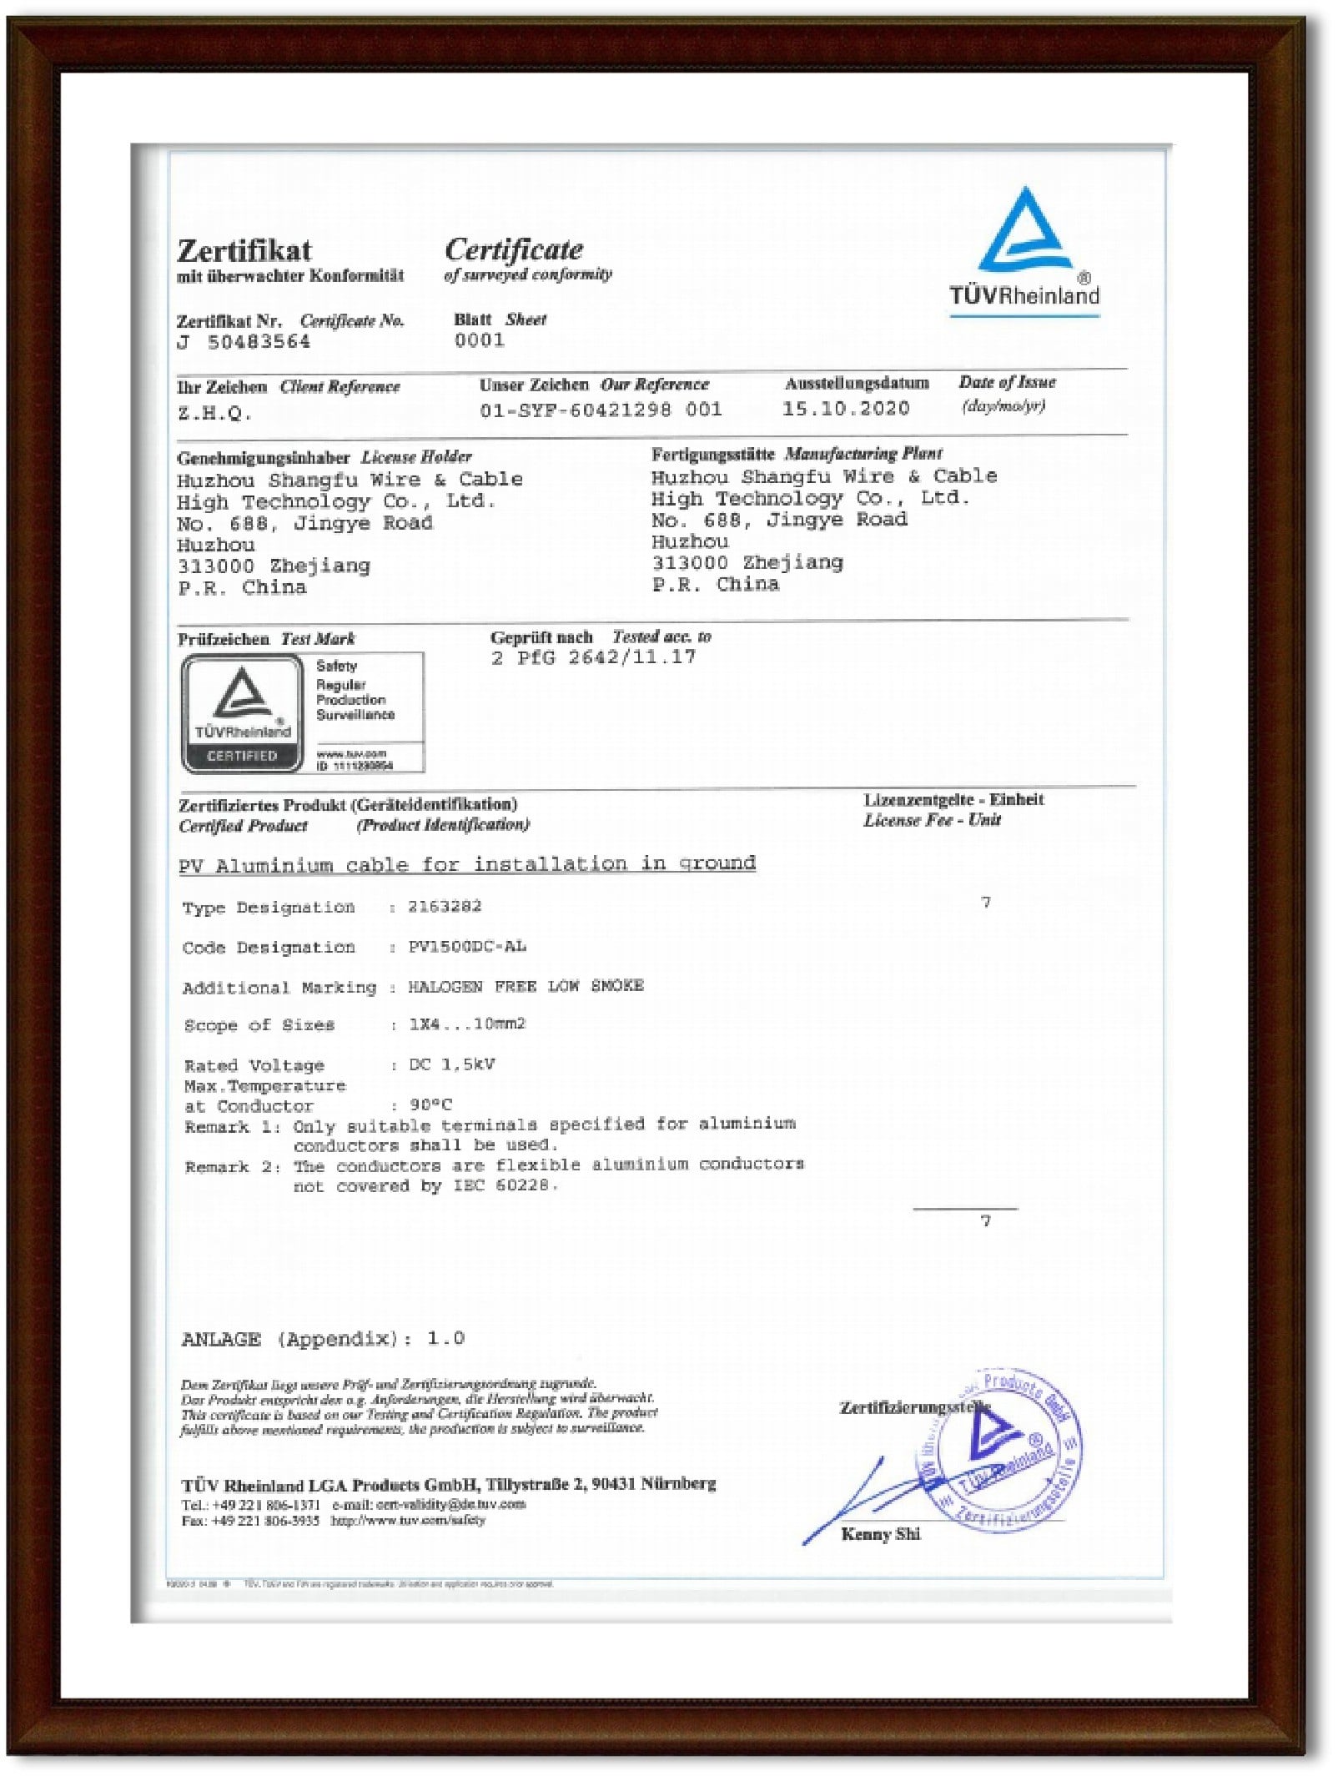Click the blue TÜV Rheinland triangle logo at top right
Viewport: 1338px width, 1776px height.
tap(1025, 233)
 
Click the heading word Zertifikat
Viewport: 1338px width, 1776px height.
tap(244, 250)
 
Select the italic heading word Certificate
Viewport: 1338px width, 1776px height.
tap(514, 249)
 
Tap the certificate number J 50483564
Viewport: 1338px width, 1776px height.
tap(244, 342)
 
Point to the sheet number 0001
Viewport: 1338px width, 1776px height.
tap(480, 340)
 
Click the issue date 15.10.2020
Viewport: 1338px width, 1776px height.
tap(845, 409)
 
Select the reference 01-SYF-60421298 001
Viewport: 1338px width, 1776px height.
tap(601, 410)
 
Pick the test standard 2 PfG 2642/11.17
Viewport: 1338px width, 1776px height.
tap(593, 657)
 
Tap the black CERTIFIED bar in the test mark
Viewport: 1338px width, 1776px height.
tap(242, 756)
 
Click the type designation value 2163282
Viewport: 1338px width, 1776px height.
tap(445, 906)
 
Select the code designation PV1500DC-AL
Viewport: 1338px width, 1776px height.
tap(467, 947)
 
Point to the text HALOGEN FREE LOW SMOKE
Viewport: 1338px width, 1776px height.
tap(526, 986)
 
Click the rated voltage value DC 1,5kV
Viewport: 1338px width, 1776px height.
tap(451, 1064)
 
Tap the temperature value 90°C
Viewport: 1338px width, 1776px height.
tap(430, 1104)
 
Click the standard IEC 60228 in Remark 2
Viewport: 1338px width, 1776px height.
tap(504, 1185)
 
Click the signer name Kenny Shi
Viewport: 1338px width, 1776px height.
tap(881, 1534)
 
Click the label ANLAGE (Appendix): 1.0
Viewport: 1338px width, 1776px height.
tap(323, 1339)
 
